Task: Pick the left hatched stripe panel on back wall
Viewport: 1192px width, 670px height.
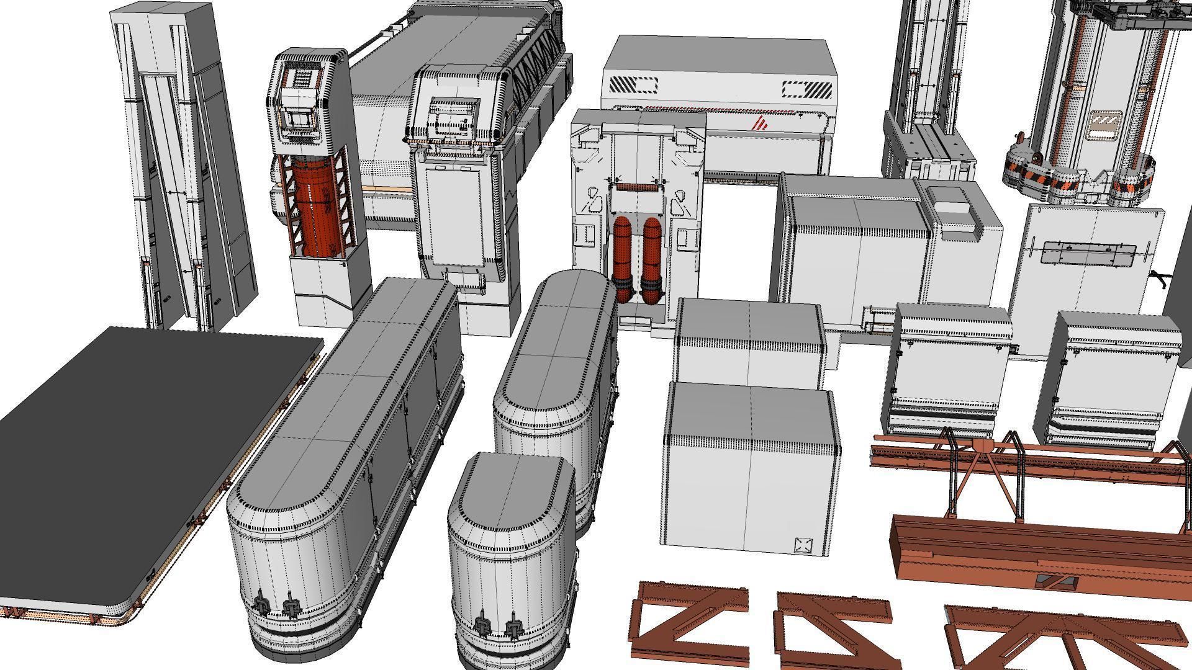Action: coord(633,85)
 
